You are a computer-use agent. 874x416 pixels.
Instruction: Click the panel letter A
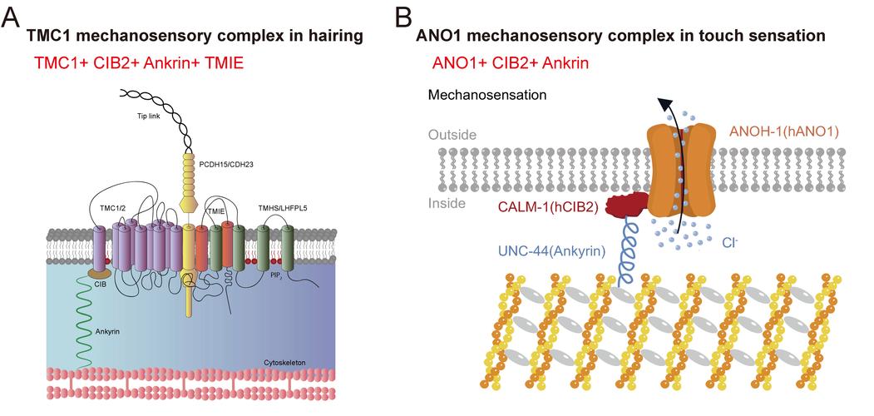pyautogui.click(x=12, y=17)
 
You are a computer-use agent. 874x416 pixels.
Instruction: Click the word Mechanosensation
pyautogui.click(x=486, y=95)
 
